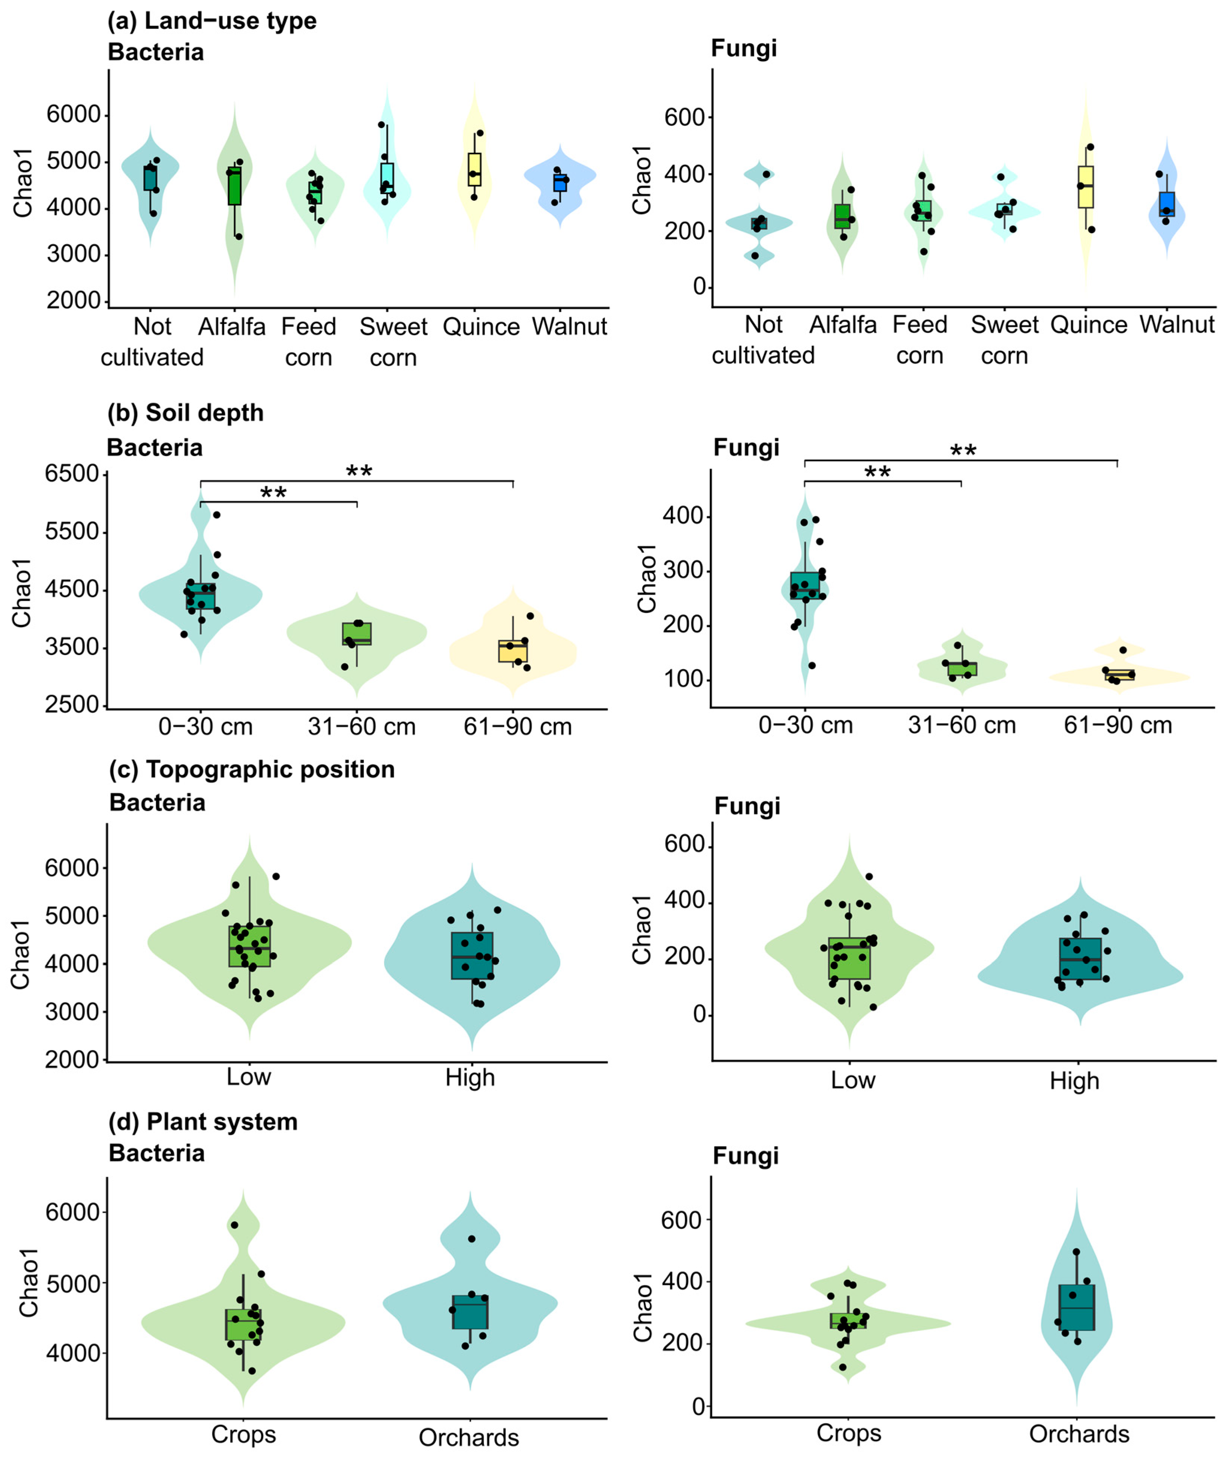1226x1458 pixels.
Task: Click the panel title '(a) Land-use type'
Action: pyautogui.click(x=212, y=21)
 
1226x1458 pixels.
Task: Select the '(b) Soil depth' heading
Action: pyautogui.click(x=186, y=412)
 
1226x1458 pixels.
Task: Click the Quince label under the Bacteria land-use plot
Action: pyautogui.click(x=481, y=327)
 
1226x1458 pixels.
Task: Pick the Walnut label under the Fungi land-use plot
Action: pyautogui.click(x=1176, y=325)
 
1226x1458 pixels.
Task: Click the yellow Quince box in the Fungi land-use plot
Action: pyautogui.click(x=1086, y=187)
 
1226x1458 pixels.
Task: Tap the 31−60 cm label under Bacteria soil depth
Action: pyautogui.click(x=361, y=727)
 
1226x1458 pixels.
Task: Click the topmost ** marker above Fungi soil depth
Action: pyautogui.click(x=963, y=451)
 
